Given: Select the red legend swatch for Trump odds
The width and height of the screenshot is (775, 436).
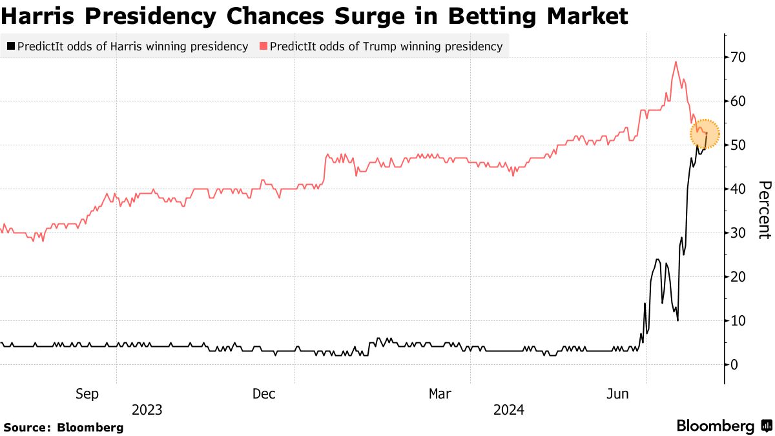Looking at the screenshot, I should (263, 47).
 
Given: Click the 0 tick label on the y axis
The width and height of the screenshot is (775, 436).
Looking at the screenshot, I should (734, 365).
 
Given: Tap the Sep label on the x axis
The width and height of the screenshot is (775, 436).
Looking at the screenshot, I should (87, 393).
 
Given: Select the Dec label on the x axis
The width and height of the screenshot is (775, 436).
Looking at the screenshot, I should (264, 393).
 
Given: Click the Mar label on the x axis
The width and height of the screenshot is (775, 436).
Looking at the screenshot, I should (440, 393).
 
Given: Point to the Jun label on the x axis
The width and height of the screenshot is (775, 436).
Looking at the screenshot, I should (618, 393).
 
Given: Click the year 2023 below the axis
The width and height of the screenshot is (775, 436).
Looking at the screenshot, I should (147, 410).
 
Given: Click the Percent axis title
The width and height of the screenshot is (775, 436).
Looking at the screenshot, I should (763, 210).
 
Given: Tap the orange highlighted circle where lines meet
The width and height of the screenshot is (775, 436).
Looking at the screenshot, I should (704, 134).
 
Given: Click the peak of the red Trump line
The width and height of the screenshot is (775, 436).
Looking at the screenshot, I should (676, 62).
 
